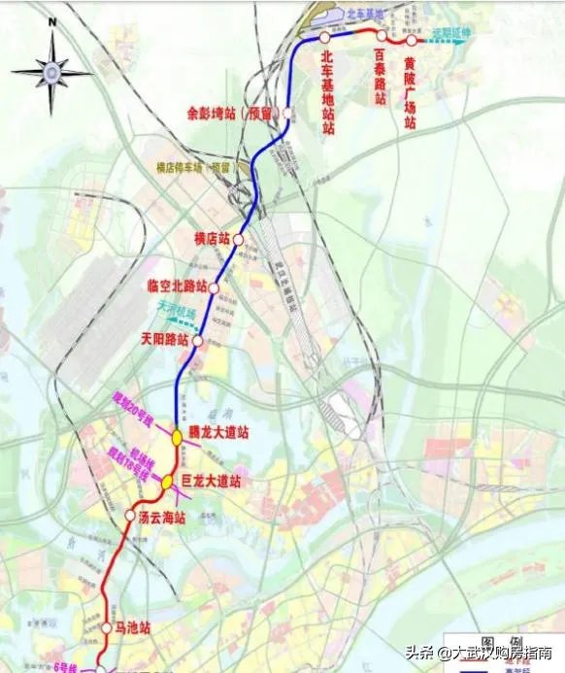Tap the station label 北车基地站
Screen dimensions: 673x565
click(x=328, y=93)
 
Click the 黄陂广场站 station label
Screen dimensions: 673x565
click(x=411, y=90)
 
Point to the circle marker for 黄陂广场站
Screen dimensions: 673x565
click(x=412, y=41)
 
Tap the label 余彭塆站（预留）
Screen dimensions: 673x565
click(x=232, y=113)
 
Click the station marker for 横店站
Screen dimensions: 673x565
click(x=238, y=238)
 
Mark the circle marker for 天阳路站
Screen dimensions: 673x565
click(x=197, y=341)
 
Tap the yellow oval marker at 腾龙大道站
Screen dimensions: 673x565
click(x=177, y=437)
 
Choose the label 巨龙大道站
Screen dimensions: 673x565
click(x=211, y=482)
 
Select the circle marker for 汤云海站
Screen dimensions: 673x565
click(x=131, y=515)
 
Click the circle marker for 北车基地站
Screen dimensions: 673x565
click(x=324, y=37)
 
